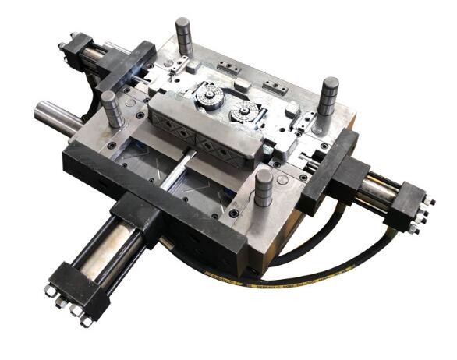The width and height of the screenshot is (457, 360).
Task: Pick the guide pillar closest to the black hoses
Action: [x=264, y=189]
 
